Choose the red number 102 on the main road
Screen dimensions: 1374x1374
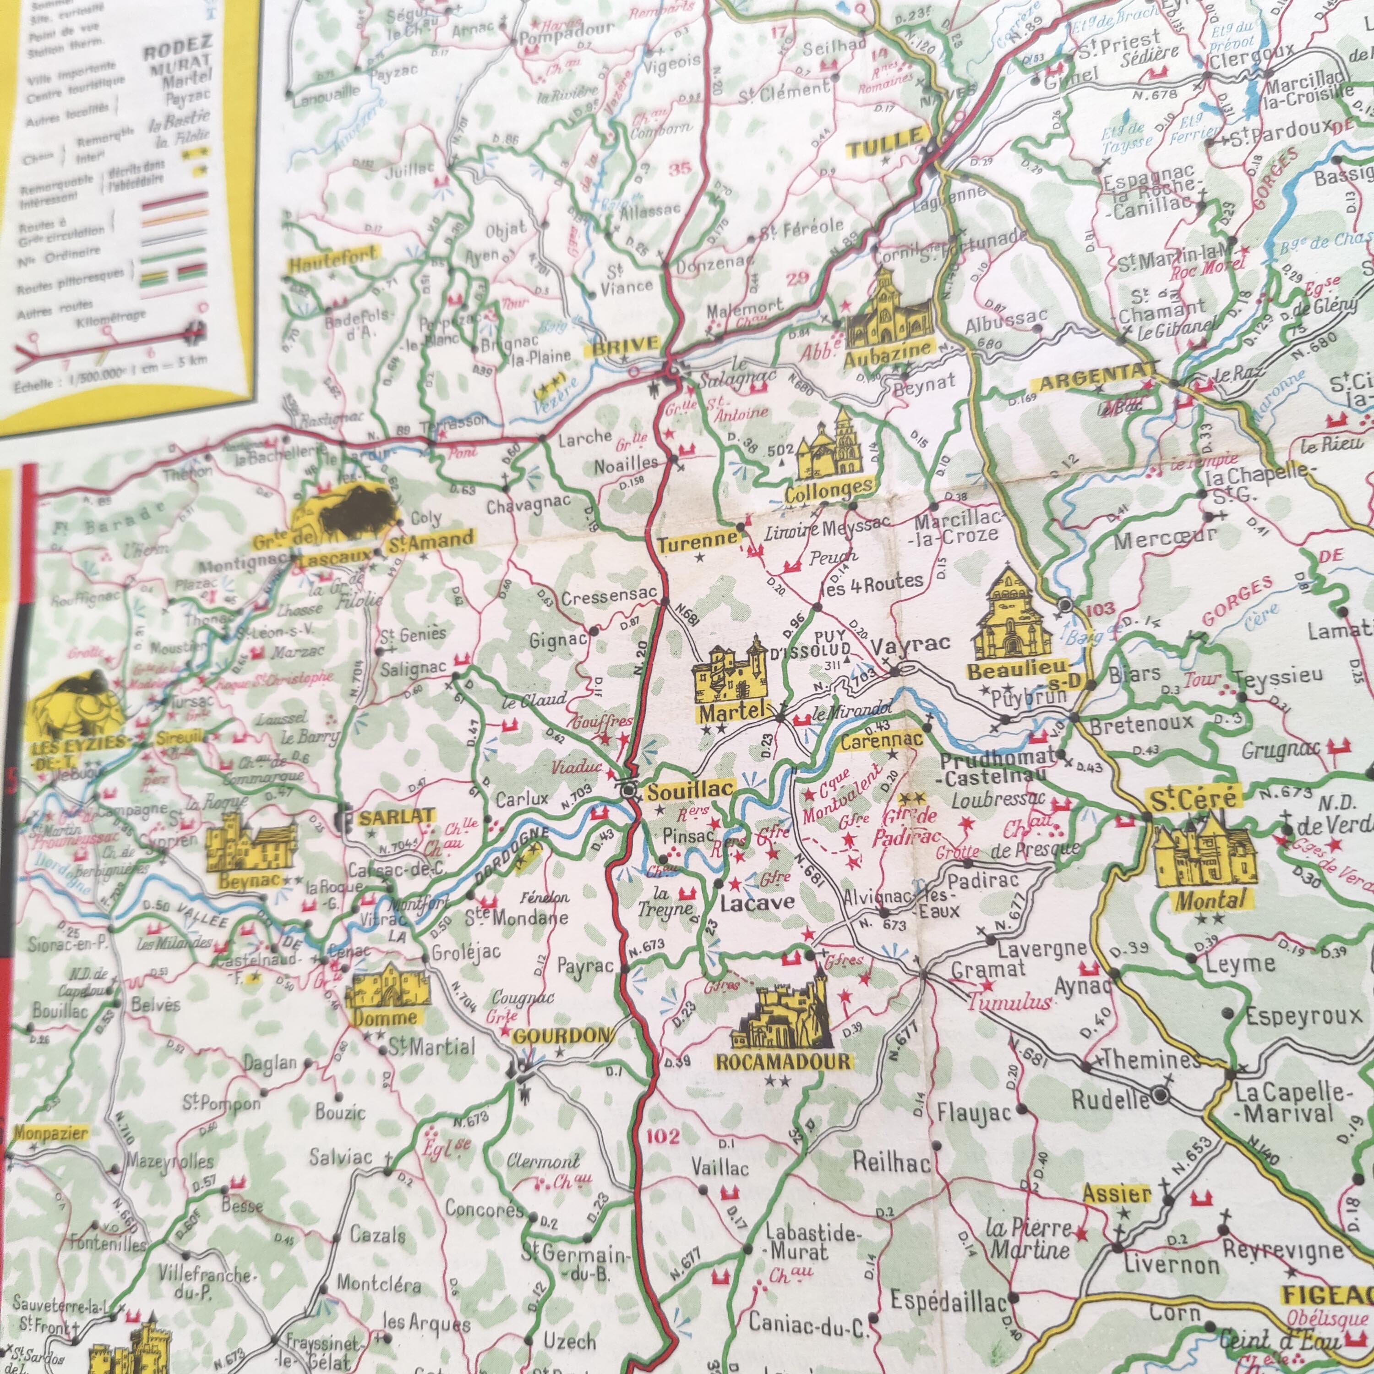click(664, 1136)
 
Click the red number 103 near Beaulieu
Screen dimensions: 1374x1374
click(1101, 610)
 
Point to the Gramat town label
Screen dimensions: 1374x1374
click(988, 969)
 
